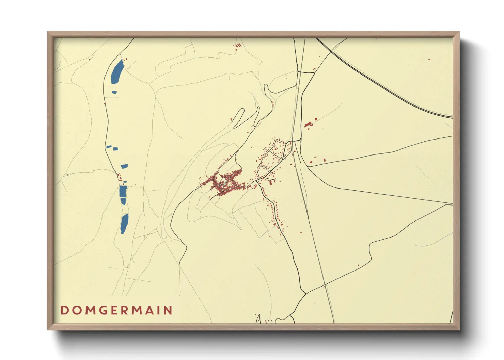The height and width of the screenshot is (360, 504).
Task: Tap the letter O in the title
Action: pos(76,310)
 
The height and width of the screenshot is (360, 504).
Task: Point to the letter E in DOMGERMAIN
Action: pos(116,310)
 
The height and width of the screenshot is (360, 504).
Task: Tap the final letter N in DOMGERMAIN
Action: pos(167,310)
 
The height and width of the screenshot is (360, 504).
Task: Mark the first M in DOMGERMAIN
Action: pos(90,310)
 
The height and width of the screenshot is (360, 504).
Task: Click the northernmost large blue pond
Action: pos(117,72)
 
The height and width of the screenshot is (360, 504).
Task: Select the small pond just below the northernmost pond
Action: pos(114,92)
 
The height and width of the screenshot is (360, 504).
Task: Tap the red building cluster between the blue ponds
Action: pos(120,177)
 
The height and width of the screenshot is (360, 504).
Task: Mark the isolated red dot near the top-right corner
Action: pos(429,60)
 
